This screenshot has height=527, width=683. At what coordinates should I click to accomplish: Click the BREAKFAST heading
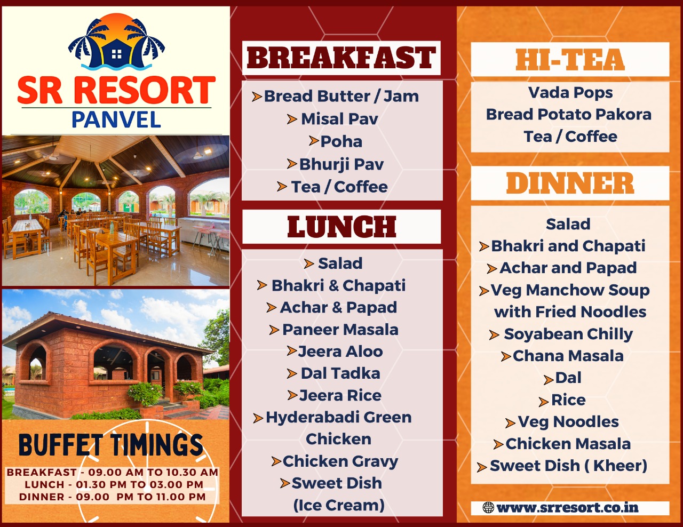pos(341,58)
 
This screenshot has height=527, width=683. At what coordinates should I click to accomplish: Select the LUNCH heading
pos(341,227)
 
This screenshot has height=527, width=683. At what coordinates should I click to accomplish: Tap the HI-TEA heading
pos(570,60)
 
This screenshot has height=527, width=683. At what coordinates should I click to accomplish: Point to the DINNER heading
pos(570,183)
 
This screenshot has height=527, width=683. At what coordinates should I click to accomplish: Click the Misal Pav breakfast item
pos(339,119)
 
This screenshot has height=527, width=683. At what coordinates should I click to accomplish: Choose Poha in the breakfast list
pos(341,141)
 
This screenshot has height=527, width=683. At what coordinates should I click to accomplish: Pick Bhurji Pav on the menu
pos(341,164)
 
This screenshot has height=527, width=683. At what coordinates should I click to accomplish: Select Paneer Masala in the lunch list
pos(340,330)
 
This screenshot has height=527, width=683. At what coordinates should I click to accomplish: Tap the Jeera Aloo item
pos(340,352)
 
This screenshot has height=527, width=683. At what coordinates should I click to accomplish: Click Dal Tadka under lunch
pos(340,373)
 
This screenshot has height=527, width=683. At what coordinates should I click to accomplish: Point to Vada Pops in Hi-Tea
pos(570,93)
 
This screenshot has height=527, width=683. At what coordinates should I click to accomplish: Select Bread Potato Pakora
pos(569,114)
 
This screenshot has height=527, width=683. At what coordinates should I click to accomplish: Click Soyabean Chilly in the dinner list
pos(568,334)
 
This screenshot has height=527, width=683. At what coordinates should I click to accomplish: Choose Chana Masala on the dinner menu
pos(568,356)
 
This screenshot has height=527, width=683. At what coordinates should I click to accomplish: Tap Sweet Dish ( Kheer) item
pos(568,466)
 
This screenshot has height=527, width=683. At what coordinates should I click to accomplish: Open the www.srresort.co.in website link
pos(567,508)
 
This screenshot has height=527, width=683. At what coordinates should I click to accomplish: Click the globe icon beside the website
pos(488,508)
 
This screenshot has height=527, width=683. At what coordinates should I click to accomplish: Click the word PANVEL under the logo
pos(116,119)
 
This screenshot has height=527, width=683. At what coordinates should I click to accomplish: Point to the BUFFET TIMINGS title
pos(111,445)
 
